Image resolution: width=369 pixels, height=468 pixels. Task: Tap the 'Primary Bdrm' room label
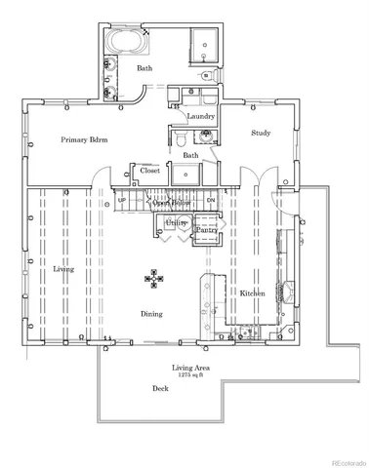[77, 139]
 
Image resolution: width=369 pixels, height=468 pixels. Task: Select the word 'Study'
[260, 133]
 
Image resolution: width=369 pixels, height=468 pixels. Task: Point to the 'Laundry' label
[200, 117]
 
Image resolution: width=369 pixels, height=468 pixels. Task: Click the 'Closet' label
[149, 171]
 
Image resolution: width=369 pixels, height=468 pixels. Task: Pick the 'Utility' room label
[176, 223]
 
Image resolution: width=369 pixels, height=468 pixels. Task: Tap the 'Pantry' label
[205, 230]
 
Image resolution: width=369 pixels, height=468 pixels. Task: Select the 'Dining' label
[150, 314]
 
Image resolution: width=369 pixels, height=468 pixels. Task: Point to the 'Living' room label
[62, 268]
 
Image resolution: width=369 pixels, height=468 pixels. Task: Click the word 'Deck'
[161, 388]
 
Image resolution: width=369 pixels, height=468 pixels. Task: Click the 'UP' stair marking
[121, 200]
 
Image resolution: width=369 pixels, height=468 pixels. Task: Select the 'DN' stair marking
[211, 200]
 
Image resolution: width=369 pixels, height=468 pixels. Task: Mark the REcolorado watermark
[343, 461]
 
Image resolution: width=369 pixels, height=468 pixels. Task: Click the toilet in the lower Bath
[184, 143]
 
